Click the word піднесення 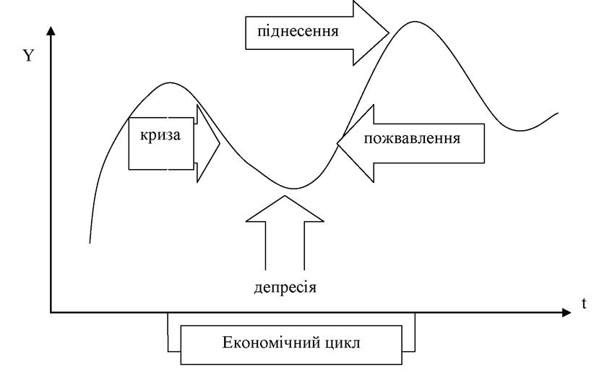[298, 31]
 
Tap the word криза [160, 136]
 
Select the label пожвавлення [412, 139]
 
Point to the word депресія [285, 288]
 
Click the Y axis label [29, 56]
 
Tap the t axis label [584, 304]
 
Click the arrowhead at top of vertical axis [51, 30]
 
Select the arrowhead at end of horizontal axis [567, 312]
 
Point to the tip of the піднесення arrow [389, 33]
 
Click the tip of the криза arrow [220, 144]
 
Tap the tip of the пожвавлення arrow [337, 143]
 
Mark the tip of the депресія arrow [285, 196]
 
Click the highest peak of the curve [415, 22]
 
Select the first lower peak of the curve [170, 82]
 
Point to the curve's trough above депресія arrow [295, 189]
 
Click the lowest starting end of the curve [90, 243]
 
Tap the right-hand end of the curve [558, 113]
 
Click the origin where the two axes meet [51, 312]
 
